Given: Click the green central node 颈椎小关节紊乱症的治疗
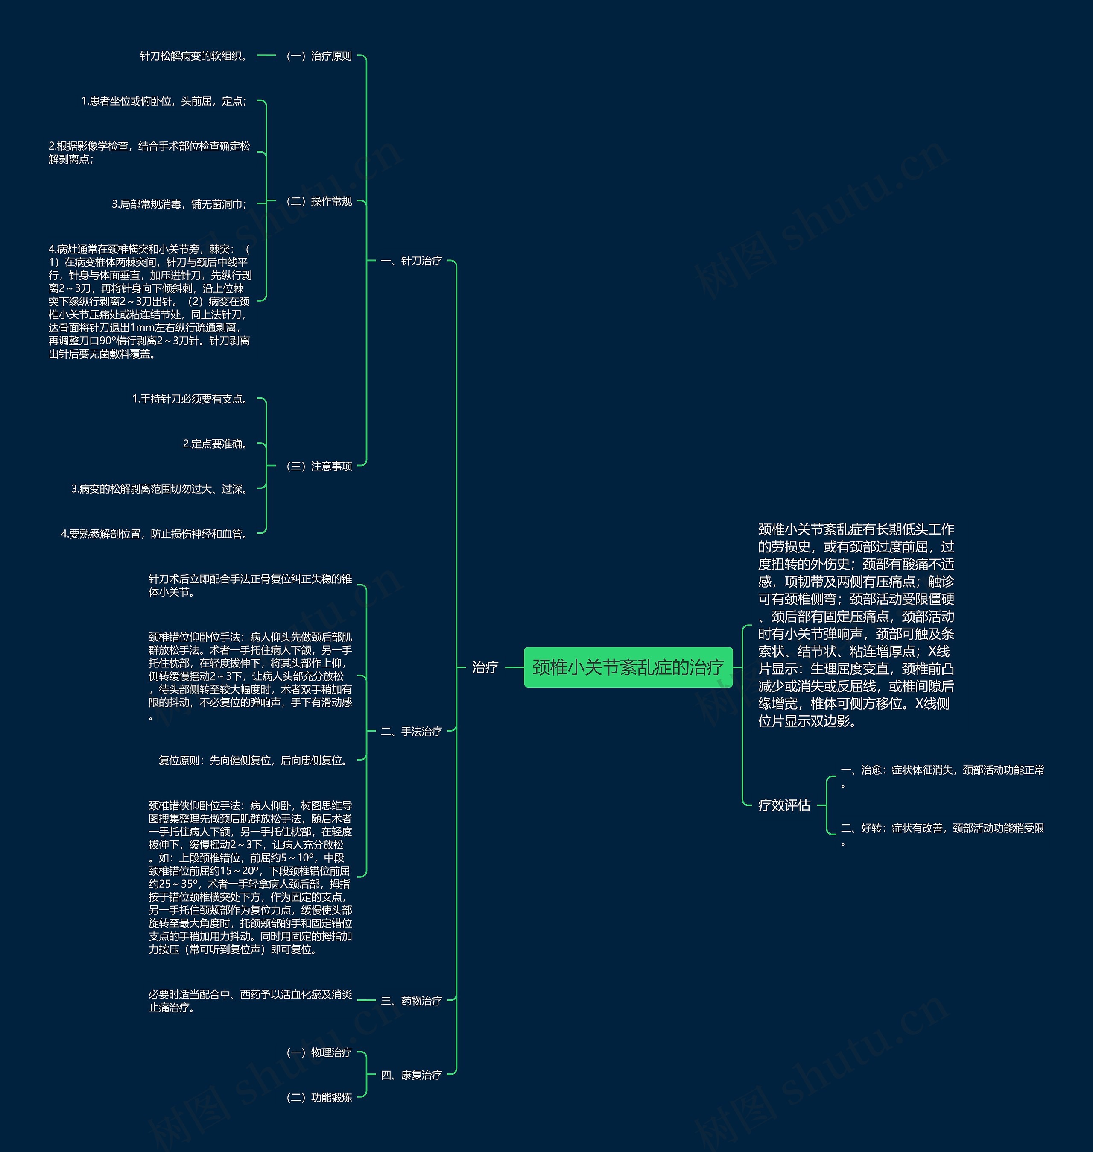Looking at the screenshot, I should coord(628,667).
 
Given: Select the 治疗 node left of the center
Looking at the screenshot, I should coord(485,667).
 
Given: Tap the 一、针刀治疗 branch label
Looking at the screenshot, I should coord(411,261).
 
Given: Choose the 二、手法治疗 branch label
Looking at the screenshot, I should coord(411,731).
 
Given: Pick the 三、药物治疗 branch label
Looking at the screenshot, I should coord(411,1000).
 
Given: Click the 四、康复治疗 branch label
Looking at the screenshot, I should coord(411,1075).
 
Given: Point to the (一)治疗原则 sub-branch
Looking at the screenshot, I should coord(319,56).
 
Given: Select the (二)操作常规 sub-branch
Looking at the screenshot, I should coord(319,201).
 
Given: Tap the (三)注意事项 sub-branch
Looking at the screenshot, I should coord(319,466).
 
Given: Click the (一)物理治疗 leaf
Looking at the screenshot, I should coord(319,1052).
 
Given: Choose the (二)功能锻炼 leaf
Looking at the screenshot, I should coord(319,1097).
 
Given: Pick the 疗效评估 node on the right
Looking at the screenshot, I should coord(784,805).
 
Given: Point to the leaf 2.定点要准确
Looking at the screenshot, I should coord(216,444).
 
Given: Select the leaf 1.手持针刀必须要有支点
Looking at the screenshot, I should coord(191,399).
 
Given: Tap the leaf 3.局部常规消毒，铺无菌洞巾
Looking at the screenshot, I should coord(179,204).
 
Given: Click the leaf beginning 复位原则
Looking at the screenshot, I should coord(254,760).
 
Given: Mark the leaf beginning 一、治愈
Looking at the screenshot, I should coord(942,770).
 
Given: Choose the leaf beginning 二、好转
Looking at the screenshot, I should coord(942,828).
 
